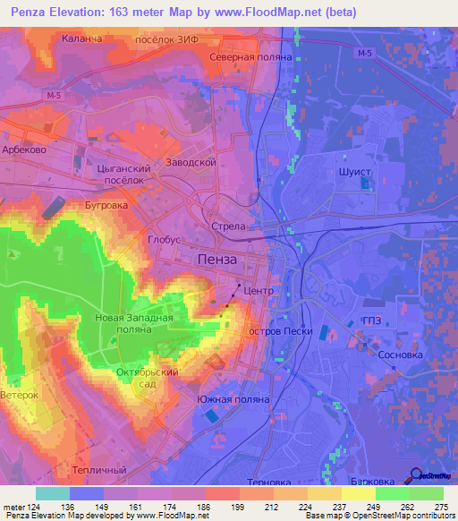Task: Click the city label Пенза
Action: pos(216,259)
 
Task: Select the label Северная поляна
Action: pos(238,56)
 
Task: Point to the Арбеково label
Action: pos(24,150)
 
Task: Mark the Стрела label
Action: pos(227,226)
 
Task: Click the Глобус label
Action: pos(165,240)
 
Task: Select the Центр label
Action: pos(258,292)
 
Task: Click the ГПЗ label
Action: pos(372,323)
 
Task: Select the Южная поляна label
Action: pos(231,400)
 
